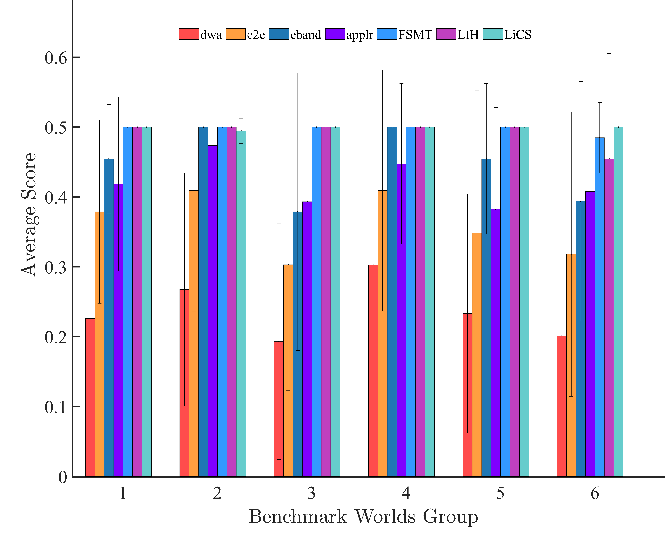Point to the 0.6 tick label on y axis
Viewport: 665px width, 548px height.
pos(56,58)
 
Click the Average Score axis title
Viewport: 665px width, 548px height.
pos(29,215)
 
